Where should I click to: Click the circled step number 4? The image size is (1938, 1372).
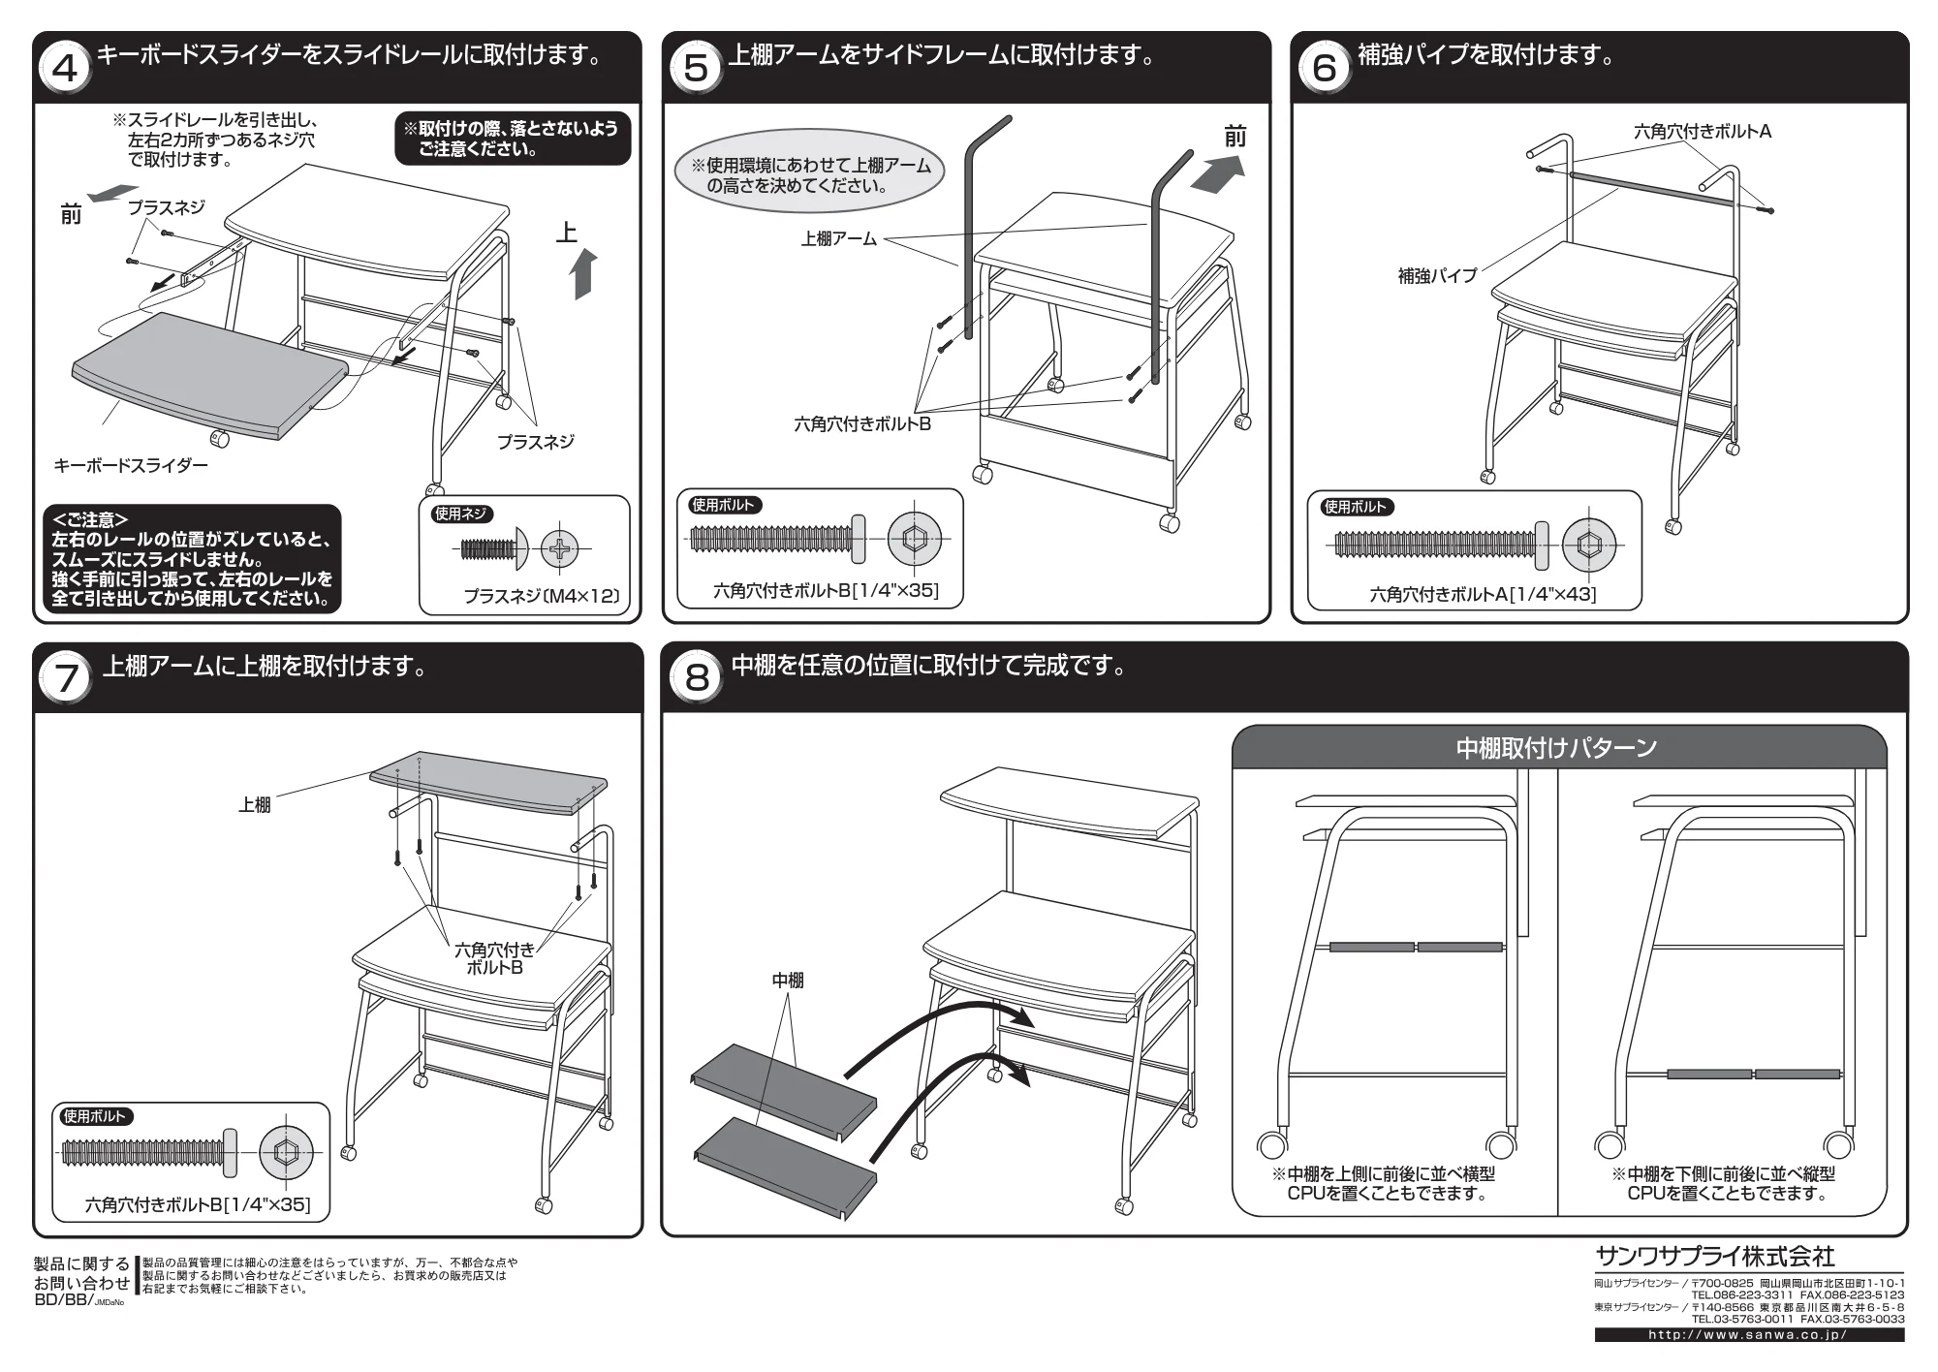[x=66, y=69]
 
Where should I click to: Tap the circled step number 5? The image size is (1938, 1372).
[x=696, y=69]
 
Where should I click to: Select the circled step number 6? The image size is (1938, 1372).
[x=1325, y=69]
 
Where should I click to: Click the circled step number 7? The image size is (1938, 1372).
[x=66, y=678]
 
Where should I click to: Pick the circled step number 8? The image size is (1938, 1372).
[x=697, y=678]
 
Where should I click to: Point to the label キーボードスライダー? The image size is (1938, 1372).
[x=131, y=466]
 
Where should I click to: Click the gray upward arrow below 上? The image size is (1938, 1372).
[x=584, y=274]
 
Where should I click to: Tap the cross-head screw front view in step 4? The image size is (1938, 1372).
[x=560, y=550]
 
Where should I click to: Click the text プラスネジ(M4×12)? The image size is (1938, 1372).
[x=541, y=596]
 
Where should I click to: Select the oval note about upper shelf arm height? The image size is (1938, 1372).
[x=809, y=175]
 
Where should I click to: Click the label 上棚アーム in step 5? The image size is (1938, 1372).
[x=838, y=238]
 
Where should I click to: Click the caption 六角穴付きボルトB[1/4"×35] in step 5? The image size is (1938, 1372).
[x=826, y=590]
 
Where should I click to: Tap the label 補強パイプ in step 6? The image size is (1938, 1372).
[x=1437, y=276]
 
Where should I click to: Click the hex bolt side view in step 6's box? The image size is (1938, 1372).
[x=1441, y=545]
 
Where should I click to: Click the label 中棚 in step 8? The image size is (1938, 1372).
[x=788, y=981]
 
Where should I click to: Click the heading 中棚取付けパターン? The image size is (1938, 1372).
[x=1556, y=748]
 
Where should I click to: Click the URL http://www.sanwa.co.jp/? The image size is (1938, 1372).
[x=1748, y=1334]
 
